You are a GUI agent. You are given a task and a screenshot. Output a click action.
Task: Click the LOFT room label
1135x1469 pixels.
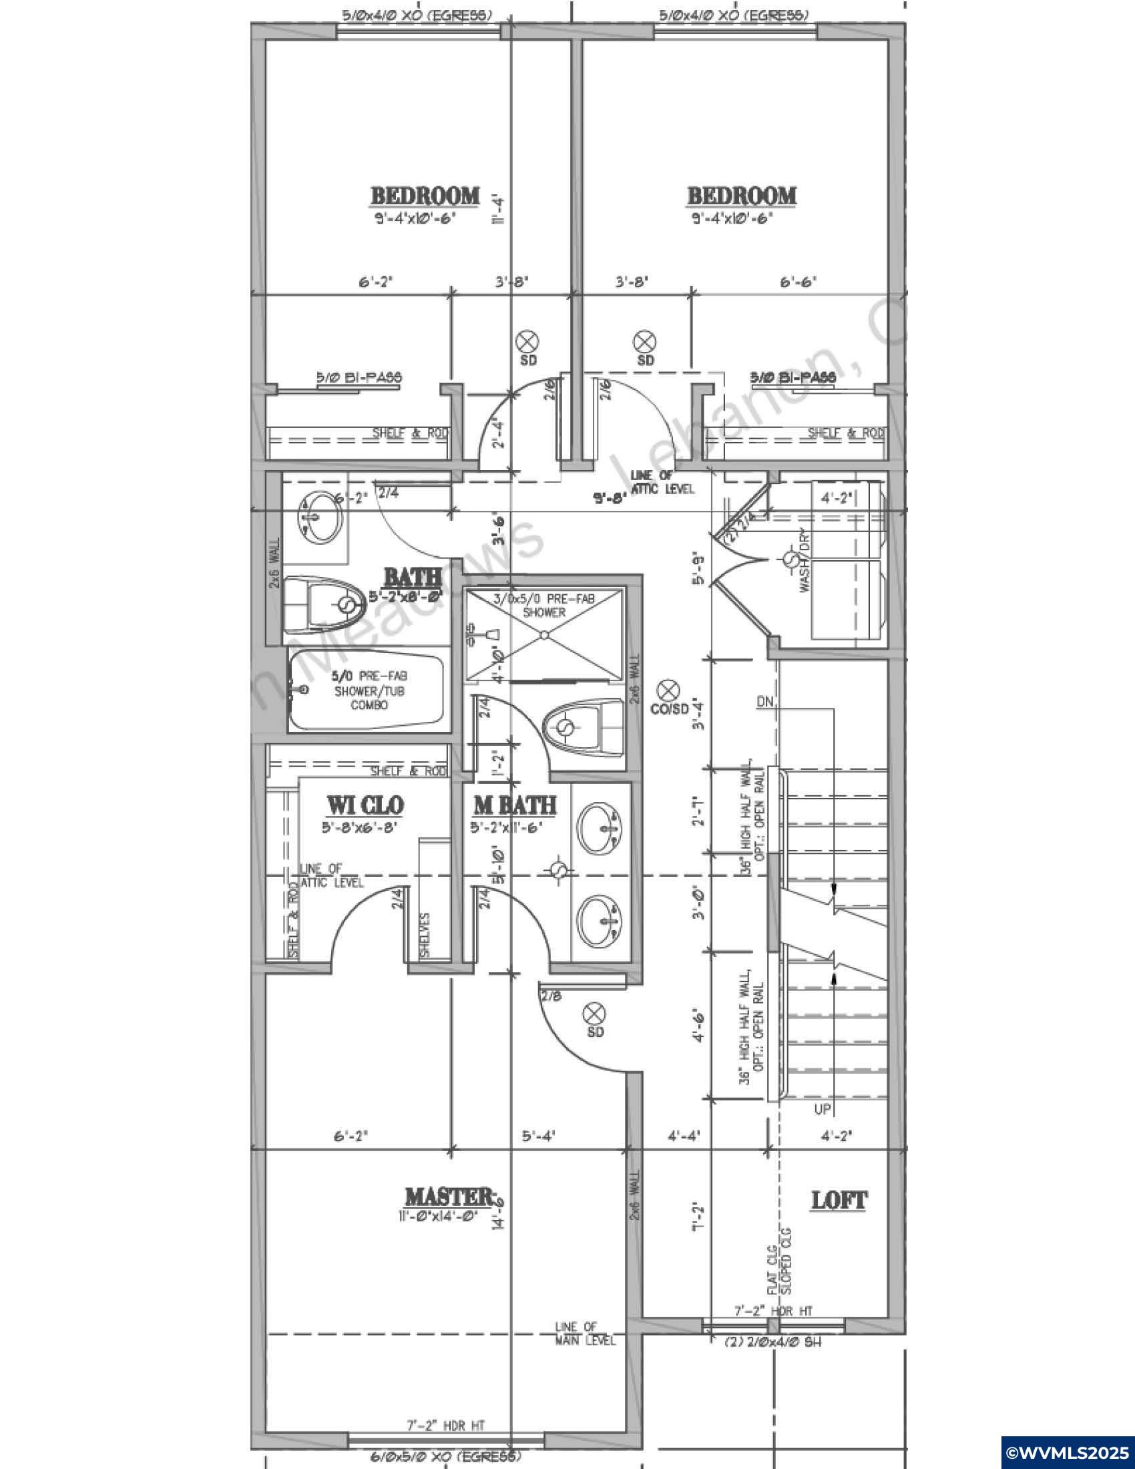point(839,1200)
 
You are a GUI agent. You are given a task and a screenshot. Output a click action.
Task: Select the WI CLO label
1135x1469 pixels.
point(365,805)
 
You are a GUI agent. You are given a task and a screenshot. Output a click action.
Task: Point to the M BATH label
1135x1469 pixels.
point(514,805)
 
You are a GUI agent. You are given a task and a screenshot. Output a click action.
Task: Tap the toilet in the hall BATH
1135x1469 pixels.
point(326,605)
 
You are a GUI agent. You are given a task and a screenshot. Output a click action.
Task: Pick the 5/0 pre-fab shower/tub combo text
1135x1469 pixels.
point(369,691)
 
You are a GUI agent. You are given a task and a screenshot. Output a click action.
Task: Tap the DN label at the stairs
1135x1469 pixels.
point(765,702)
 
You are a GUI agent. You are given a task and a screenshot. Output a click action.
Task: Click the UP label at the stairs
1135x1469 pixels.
point(823,1108)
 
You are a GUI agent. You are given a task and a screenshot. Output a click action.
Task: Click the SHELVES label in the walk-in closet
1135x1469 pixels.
point(425,934)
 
